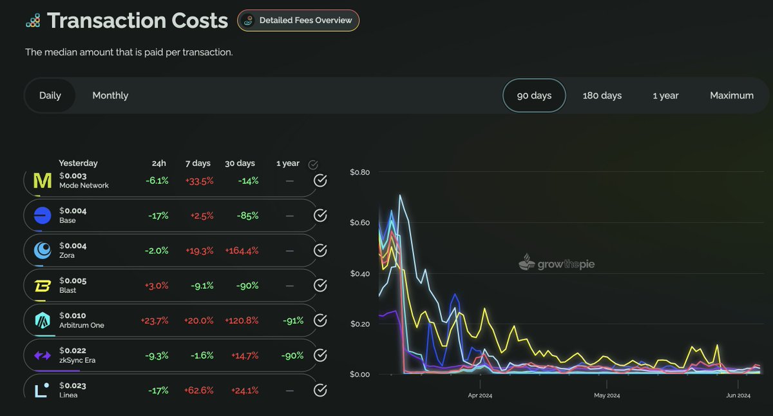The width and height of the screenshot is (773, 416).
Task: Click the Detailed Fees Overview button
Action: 298,21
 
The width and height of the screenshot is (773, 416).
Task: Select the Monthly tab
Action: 110,95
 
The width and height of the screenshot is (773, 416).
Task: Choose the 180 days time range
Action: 602,95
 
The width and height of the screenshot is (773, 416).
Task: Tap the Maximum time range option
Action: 731,95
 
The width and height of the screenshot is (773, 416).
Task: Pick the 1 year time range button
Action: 665,95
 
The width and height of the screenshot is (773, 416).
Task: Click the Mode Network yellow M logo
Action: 42,181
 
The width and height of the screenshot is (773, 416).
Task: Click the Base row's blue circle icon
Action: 43,215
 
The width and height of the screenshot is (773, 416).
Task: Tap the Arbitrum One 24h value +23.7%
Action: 154,320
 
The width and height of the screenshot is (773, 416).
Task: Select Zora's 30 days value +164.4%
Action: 241,250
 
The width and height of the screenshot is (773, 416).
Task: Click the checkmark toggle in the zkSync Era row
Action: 320,355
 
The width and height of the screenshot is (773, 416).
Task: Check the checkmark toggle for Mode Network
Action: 320,181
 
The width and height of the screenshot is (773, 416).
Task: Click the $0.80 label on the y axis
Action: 359,172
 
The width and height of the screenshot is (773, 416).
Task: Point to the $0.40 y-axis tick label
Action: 359,273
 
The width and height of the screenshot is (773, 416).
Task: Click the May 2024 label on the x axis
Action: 607,395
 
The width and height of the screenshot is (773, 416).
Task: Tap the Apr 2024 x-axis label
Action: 480,395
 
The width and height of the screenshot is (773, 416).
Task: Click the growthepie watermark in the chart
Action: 557,263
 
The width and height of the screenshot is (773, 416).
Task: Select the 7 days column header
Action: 197,164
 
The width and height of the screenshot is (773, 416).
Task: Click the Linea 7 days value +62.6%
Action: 198,390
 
